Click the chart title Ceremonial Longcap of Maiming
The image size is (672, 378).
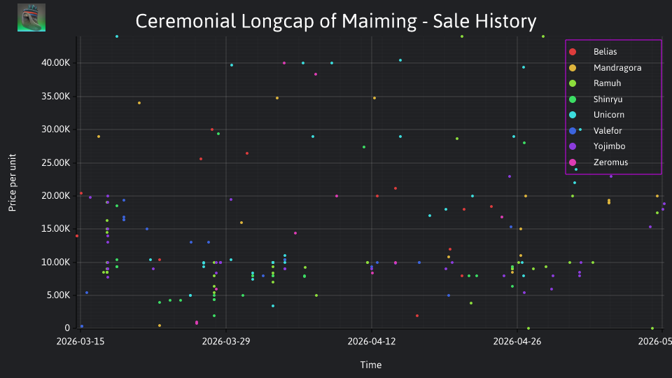(x=335, y=22)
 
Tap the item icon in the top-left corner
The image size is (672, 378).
(x=31, y=17)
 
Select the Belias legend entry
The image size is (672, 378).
(x=593, y=52)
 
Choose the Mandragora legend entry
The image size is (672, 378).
(x=605, y=68)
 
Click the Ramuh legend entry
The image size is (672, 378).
(x=594, y=83)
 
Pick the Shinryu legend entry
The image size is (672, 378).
(x=595, y=99)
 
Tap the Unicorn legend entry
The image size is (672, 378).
(x=596, y=115)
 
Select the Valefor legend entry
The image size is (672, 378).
(x=595, y=131)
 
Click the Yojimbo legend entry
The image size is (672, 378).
(x=596, y=146)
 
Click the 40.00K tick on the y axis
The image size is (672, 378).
(x=56, y=63)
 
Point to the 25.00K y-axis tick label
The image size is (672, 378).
(x=56, y=163)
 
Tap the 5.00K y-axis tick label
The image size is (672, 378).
(x=58, y=295)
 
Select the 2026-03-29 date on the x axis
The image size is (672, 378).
(x=226, y=342)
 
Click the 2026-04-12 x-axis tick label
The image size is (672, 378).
(x=372, y=342)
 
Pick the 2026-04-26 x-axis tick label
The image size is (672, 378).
(x=517, y=342)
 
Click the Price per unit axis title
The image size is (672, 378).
(x=13, y=183)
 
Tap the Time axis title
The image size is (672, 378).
(x=371, y=365)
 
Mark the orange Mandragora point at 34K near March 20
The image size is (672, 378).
(x=139, y=103)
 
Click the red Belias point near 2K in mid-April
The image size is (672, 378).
(x=417, y=316)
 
